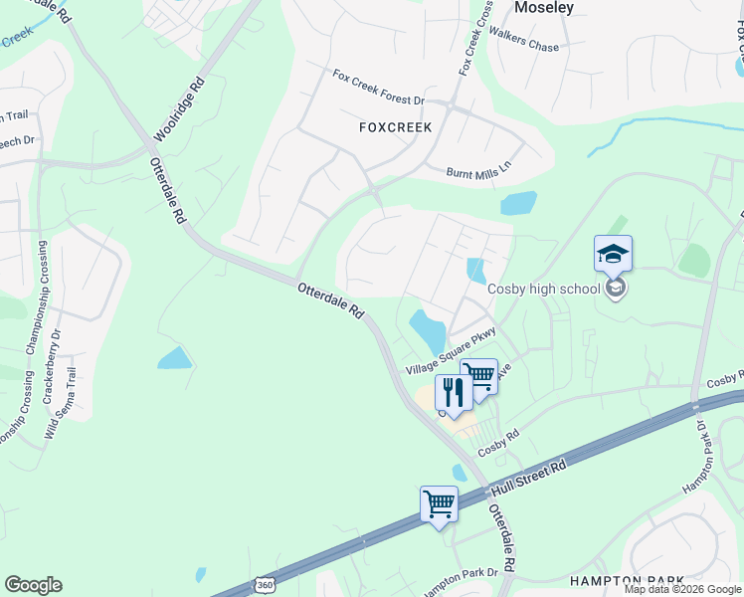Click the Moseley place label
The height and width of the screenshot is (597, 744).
click(x=544, y=8)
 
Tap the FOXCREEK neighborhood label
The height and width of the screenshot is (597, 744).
click(x=395, y=127)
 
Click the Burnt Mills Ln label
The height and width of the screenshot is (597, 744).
click(x=477, y=170)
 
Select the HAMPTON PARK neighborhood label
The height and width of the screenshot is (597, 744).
click(x=627, y=580)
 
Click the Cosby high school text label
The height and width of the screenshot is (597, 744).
click(x=543, y=289)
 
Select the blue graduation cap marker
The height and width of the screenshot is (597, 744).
click(x=613, y=255)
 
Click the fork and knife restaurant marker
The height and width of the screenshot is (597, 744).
click(x=453, y=393)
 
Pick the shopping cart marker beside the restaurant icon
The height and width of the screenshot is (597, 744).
click(x=479, y=376)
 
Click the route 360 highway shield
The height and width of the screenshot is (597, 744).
click(x=264, y=586)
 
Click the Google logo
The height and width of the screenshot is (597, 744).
click(x=33, y=585)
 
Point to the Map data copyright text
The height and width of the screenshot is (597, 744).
click(x=682, y=589)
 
